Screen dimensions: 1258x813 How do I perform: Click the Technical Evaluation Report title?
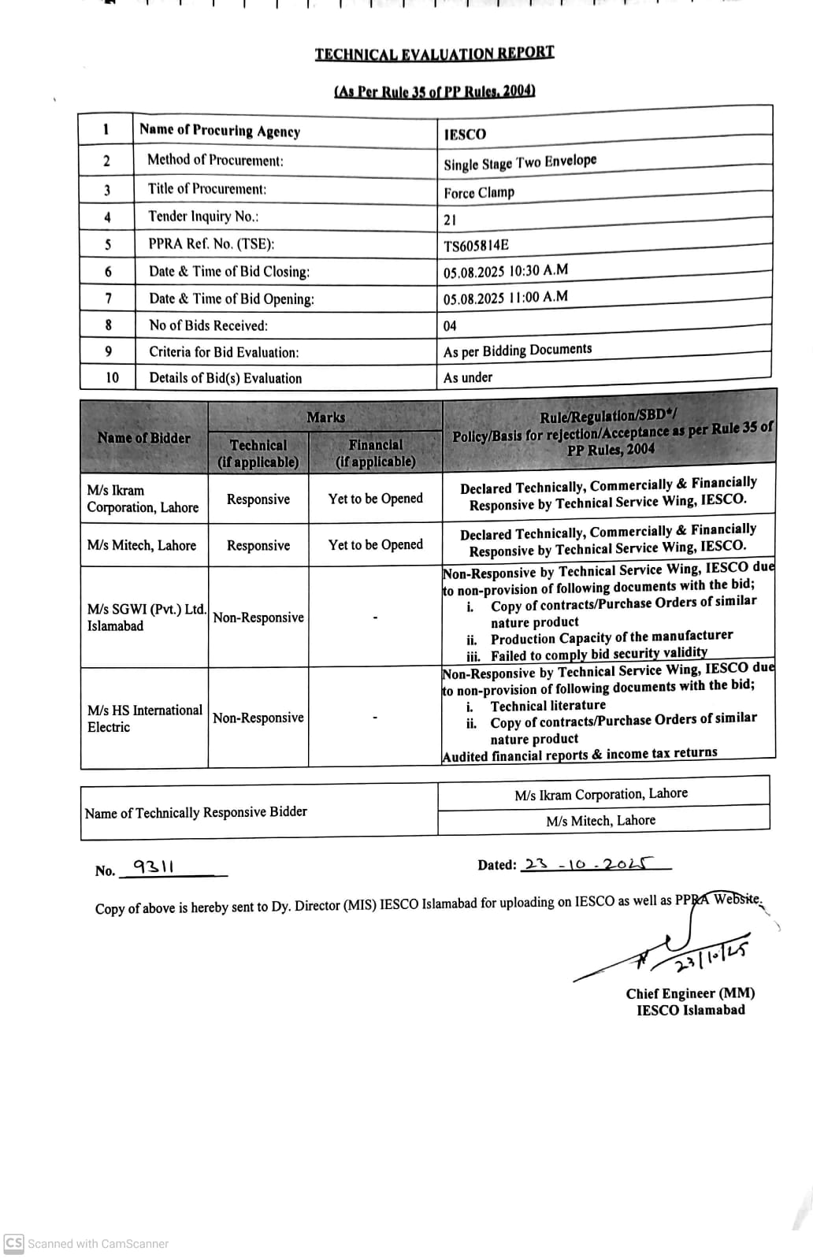[434, 54]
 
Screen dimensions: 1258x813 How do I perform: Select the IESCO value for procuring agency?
[465, 134]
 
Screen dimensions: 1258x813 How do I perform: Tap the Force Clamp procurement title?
[479, 192]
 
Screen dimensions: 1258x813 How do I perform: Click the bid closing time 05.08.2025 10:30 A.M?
[505, 272]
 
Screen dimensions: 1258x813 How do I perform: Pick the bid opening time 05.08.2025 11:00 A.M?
[505, 298]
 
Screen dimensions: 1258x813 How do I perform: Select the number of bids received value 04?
[450, 325]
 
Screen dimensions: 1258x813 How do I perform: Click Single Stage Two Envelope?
[520, 163]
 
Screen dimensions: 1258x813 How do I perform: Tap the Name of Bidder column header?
[144, 438]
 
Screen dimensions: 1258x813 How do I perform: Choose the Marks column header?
[325, 417]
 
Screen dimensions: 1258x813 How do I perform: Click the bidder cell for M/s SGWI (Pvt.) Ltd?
[147, 618]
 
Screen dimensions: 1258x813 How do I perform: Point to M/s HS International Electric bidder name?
[144, 718]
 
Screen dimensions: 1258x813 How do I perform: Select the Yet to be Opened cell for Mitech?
[376, 545]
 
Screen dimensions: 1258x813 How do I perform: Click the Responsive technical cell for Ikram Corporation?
[258, 499]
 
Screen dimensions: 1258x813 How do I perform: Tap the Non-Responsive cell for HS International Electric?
[258, 718]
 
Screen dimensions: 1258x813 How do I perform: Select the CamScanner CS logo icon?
[13, 1243]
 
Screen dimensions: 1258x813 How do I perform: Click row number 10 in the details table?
[113, 378]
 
